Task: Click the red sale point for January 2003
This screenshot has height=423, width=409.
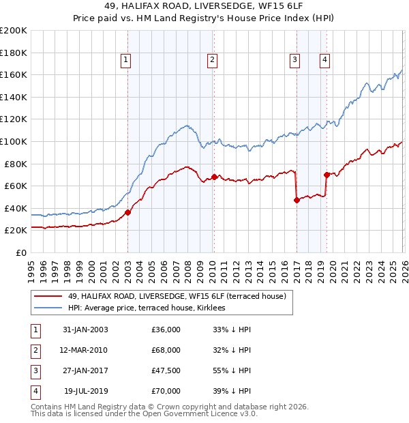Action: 127,212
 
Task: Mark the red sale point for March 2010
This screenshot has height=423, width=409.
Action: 214,177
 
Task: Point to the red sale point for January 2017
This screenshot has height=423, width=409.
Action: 297,200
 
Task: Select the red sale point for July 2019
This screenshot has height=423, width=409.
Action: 327,175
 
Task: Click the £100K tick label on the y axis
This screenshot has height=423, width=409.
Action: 14,141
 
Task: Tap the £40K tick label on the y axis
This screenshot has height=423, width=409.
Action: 16,208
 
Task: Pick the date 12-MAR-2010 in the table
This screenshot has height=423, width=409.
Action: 85,350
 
